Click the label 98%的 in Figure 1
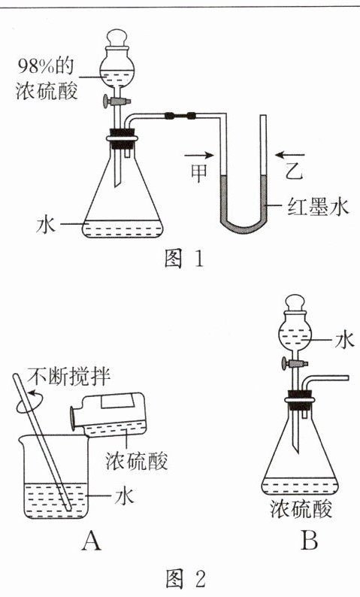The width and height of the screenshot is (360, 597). [x=46, y=67]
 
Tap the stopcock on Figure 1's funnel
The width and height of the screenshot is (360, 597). [x=116, y=102]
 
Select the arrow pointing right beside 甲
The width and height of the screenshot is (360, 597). [x=198, y=155]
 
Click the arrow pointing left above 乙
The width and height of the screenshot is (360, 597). [x=289, y=155]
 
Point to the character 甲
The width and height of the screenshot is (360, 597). [x=199, y=172]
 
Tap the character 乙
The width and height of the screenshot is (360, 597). [x=293, y=171]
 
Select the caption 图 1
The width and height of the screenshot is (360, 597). [x=185, y=259]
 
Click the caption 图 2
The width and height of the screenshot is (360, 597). [x=186, y=578]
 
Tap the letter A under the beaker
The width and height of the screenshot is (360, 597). [x=92, y=541]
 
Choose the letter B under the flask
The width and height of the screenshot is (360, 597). [x=309, y=541]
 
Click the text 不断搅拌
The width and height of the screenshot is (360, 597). [x=69, y=377]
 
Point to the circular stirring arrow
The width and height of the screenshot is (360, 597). [x=29, y=405]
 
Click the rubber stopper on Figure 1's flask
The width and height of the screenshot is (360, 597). [x=123, y=138]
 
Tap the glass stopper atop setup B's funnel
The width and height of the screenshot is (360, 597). [x=295, y=305]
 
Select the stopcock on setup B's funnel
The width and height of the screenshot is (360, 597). [x=292, y=364]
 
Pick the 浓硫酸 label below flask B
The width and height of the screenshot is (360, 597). [x=301, y=509]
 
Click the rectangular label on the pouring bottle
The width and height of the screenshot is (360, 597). [x=116, y=402]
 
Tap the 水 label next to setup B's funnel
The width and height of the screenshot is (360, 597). [x=345, y=340]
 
